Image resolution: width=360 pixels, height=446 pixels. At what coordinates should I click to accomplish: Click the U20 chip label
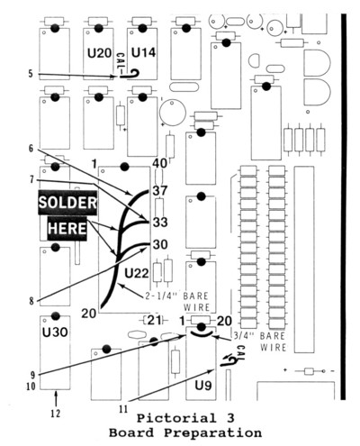tap(100, 53)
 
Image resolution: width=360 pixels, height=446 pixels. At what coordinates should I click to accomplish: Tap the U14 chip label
tap(144, 52)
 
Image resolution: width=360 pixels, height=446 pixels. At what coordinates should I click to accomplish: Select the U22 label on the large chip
tap(137, 273)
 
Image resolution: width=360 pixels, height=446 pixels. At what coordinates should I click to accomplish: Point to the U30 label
tap(55, 332)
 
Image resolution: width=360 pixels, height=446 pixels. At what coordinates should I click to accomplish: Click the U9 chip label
tap(203, 385)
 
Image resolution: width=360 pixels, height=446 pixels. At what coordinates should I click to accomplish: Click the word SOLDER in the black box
tap(67, 203)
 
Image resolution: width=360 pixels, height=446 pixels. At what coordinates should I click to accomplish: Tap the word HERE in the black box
tap(67, 228)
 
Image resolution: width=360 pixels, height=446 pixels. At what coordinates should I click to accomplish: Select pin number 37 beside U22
tap(160, 191)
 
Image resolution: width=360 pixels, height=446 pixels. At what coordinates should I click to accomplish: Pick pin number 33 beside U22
tap(160, 223)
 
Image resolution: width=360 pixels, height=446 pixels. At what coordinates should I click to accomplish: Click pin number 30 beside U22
tap(160, 244)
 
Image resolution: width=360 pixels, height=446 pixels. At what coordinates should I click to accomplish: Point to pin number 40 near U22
tap(159, 163)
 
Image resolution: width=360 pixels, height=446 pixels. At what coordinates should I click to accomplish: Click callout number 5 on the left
tap(31, 74)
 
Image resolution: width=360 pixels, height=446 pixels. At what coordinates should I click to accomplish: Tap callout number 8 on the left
tap(31, 301)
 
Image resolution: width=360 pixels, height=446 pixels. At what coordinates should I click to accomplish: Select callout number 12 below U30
tap(56, 414)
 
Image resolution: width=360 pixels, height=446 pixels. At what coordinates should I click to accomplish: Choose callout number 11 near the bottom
tap(123, 409)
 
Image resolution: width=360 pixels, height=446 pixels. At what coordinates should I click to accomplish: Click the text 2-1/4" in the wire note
tap(162, 296)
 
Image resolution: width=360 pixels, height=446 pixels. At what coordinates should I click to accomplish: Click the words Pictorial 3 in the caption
tap(185, 418)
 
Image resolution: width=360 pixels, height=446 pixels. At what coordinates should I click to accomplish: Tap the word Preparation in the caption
tap(212, 433)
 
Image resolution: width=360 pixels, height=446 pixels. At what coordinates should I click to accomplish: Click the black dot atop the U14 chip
tap(142, 28)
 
